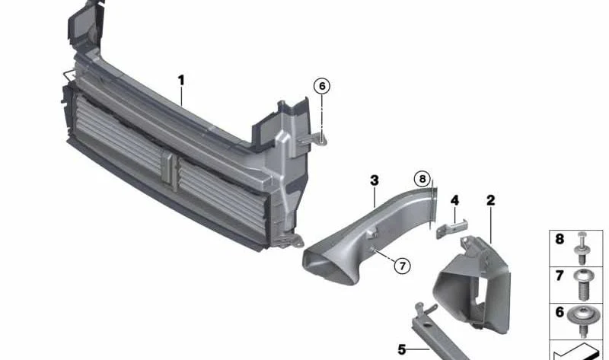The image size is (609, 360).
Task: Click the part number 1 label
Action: pyautogui.click(x=181, y=81)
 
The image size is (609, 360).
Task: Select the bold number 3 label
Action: pyautogui.click(x=374, y=180)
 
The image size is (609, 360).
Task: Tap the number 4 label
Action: pyautogui.click(x=454, y=200)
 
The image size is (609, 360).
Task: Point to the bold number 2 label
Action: pyautogui.click(x=490, y=200)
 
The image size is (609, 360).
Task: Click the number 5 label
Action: pyautogui.click(x=402, y=349)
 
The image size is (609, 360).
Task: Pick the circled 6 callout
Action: pyautogui.click(x=322, y=86)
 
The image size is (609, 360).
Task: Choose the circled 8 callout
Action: pyautogui.click(x=422, y=179)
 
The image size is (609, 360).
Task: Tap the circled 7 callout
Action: pyautogui.click(x=402, y=266)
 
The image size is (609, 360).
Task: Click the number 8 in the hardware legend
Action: pyautogui.click(x=560, y=239)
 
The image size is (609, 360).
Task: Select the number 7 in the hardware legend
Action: pyautogui.click(x=560, y=276)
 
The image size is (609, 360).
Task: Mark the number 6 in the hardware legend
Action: pyautogui.click(x=560, y=312)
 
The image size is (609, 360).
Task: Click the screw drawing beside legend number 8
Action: pyautogui.click(x=582, y=249)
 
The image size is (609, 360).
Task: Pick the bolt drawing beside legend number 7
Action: pyautogui.click(x=582, y=285)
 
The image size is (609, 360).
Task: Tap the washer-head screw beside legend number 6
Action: pyautogui.click(x=582, y=321)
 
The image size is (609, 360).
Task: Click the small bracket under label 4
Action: pyautogui.click(x=451, y=229)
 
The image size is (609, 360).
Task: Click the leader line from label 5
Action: pyautogui.click(x=418, y=349)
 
